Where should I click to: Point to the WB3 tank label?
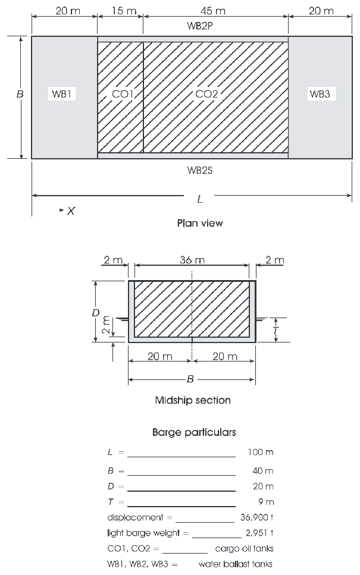click(x=319, y=94)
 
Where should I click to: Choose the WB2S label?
click(x=200, y=169)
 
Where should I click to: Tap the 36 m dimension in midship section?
click(x=192, y=260)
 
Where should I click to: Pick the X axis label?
click(x=70, y=210)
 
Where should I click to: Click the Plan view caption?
click(x=200, y=224)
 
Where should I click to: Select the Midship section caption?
click(x=192, y=400)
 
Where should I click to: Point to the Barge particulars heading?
click(x=194, y=432)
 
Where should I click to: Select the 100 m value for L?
click(x=260, y=452)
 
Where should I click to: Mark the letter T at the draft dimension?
click(x=276, y=328)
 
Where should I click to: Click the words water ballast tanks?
click(x=236, y=564)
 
